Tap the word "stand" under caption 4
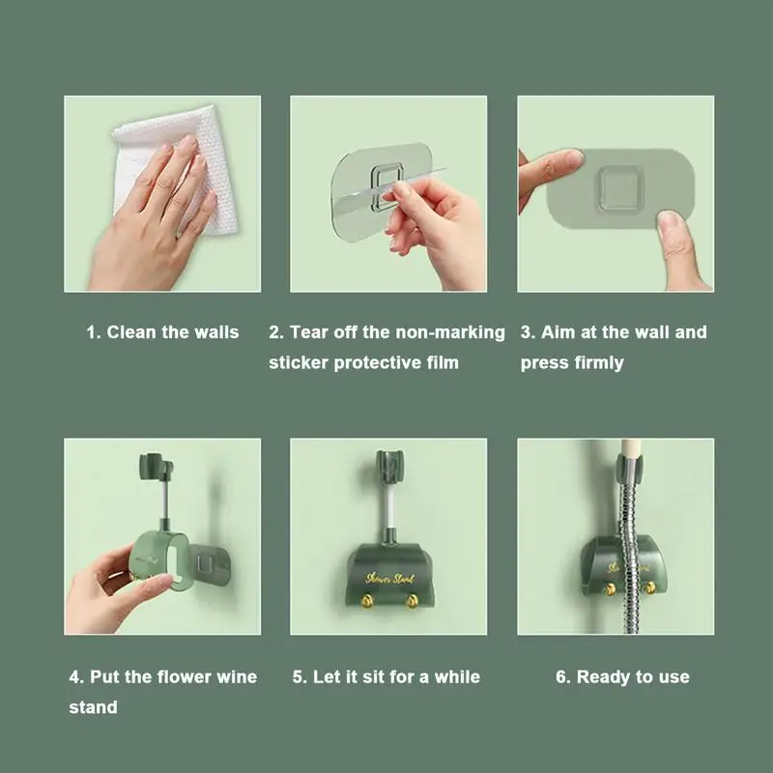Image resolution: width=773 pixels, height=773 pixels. [93, 707]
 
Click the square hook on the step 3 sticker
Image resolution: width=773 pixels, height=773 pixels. [620, 189]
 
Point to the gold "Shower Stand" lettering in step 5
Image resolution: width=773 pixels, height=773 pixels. [389, 578]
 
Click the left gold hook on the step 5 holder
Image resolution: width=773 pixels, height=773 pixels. [367, 601]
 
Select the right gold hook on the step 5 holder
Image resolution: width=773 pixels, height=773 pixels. [412, 601]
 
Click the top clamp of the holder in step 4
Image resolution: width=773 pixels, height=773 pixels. [156, 467]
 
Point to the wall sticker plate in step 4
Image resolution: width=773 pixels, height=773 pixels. [210, 561]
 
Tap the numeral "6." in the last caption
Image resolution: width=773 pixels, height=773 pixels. [563, 677]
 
